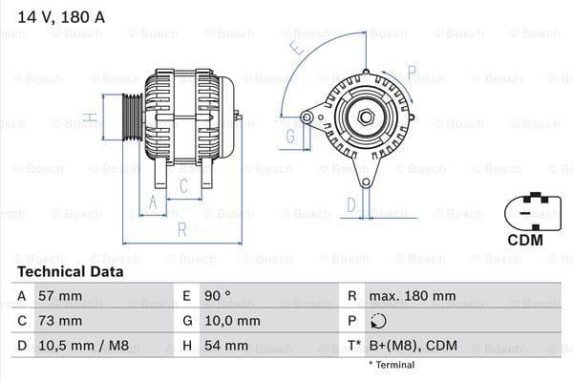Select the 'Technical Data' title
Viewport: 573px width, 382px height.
point(70,271)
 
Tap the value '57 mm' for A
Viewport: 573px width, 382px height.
point(59,296)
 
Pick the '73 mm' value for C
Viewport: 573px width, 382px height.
point(59,321)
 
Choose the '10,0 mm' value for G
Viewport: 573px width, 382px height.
point(232,321)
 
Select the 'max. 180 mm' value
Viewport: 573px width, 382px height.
point(414,296)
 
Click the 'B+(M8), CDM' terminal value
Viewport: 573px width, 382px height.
point(412,346)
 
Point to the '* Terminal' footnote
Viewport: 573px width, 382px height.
point(392,365)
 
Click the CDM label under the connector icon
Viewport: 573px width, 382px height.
point(524,240)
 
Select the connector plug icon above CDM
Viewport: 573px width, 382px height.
point(525,209)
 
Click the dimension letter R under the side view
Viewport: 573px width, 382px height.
point(181,230)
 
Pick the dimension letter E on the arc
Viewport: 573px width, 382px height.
point(298,45)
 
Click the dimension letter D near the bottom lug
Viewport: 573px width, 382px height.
point(350,203)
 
